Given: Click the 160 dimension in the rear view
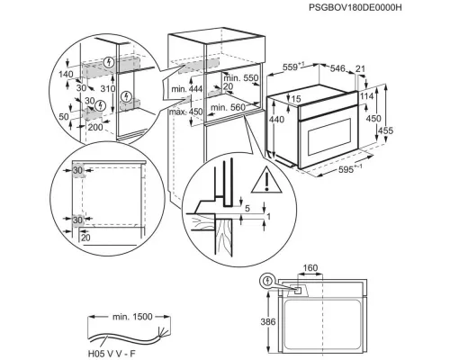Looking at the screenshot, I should pos(310,267).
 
